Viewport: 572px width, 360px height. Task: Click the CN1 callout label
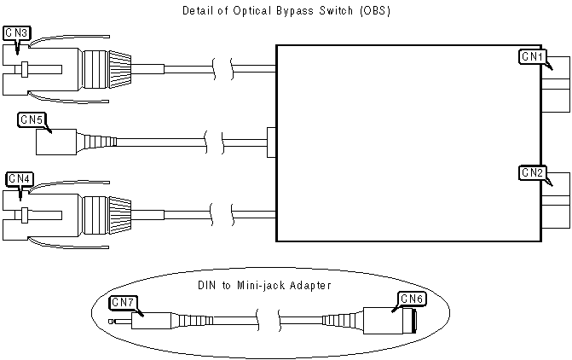coord(531,56)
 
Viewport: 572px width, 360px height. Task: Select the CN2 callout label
coord(531,173)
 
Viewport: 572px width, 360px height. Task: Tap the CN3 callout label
coord(17,32)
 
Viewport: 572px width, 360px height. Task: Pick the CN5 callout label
coord(32,119)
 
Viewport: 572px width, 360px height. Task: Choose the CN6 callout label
coord(413,299)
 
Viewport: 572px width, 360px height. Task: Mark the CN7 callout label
coord(123,301)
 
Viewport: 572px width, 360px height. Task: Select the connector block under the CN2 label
coord(557,206)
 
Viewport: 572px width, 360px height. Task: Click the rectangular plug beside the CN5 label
coord(55,142)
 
